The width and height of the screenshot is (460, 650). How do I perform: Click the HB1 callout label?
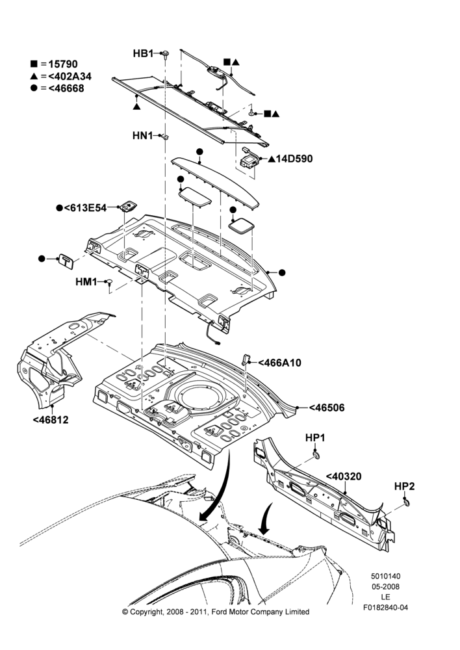143,53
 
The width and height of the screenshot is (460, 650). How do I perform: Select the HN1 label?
142,136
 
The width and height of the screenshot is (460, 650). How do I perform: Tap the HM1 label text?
86,282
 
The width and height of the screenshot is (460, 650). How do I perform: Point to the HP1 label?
315,437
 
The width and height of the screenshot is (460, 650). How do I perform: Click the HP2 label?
405,486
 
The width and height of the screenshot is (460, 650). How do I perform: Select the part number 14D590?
294,159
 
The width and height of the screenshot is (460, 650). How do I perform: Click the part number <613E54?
85,208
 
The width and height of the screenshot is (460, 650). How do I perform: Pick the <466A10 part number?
280,363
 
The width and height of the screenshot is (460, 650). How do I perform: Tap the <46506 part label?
327,408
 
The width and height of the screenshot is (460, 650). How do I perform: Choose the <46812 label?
51,420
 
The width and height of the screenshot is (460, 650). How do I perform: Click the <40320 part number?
344,476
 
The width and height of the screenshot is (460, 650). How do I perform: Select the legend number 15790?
63,64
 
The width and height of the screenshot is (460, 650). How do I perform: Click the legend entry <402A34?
70,76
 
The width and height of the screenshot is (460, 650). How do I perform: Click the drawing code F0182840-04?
385,608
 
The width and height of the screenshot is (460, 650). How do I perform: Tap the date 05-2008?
385,586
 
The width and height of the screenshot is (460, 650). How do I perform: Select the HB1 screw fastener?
166,55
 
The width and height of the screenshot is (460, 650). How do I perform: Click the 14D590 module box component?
249,160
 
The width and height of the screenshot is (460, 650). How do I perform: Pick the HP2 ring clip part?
407,504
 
